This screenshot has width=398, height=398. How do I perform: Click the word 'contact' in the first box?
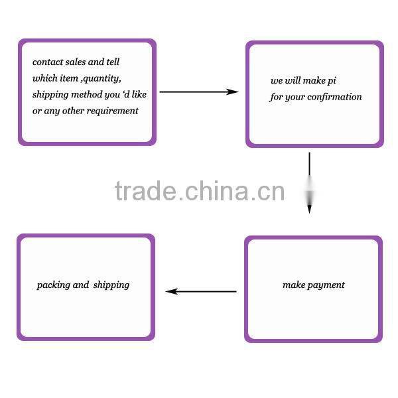pyautogui.click(x=48, y=62)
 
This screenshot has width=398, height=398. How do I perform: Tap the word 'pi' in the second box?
pyautogui.click(x=332, y=81)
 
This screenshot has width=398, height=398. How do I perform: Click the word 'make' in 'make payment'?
pyautogui.click(x=293, y=285)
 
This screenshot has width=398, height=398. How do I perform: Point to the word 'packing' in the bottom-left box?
pyautogui.click(x=53, y=285)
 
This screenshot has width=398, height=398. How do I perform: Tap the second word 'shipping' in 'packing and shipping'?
pyautogui.click(x=111, y=285)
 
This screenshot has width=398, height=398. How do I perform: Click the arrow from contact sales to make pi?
pyautogui.click(x=199, y=92)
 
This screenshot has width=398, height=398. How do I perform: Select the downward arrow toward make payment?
pyautogui.click(x=309, y=183)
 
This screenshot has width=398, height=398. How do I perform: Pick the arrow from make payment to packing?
pyautogui.click(x=201, y=291)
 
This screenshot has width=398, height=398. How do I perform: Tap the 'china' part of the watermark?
pyautogui.click(x=216, y=191)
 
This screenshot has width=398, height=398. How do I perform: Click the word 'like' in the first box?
pyautogui.click(x=139, y=94)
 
